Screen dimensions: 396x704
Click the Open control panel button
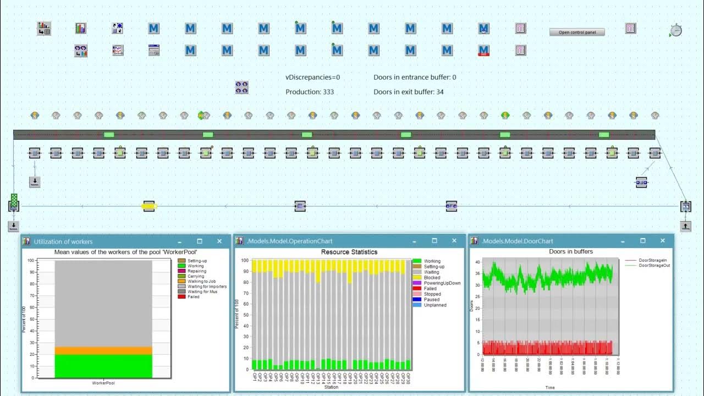click(577, 32)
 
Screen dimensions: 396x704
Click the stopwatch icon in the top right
click(676, 30)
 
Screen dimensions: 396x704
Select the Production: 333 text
click(310, 92)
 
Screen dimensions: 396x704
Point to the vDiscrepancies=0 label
click(312, 78)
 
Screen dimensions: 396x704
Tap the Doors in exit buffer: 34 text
click(409, 92)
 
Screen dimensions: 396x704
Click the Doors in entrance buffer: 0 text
click(415, 78)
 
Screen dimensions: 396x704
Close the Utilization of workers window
click(219, 241)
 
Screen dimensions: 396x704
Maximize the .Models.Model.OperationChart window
click(435, 241)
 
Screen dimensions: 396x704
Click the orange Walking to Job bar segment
click(103, 350)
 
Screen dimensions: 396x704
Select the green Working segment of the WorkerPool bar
click(103, 366)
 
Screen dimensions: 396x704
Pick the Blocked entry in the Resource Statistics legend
click(432, 278)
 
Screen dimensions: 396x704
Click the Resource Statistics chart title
click(349, 252)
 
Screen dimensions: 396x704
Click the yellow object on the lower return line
click(149, 206)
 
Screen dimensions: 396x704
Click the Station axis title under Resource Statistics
click(331, 387)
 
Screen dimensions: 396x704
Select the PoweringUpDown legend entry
click(442, 283)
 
